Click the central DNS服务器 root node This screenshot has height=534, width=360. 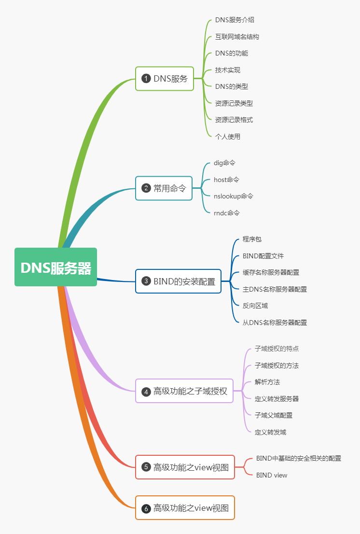click(55, 267)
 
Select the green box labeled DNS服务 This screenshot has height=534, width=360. click(165, 78)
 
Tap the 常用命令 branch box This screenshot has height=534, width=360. click(164, 188)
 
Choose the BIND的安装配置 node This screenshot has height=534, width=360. click(179, 281)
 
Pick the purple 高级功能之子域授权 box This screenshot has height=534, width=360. click(184, 391)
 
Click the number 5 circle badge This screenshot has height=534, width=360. click(146, 467)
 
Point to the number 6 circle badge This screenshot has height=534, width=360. click(146, 508)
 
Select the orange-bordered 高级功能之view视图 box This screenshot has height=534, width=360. click(185, 507)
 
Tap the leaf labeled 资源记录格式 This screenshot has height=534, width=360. click(234, 120)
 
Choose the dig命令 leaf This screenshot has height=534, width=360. click(224, 163)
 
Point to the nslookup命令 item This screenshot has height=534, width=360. click(234, 196)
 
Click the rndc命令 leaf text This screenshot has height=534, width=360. click(227, 213)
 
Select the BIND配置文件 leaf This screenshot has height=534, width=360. click(263, 256)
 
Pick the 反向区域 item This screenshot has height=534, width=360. click(255, 306)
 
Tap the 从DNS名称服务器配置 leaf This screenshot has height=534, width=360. click(275, 323)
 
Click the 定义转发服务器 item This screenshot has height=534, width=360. click(277, 399)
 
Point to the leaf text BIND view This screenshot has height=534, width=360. click(272, 475)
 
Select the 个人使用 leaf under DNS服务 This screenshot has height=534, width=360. click(228, 137)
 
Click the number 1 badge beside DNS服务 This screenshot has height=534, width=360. click(146, 78)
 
